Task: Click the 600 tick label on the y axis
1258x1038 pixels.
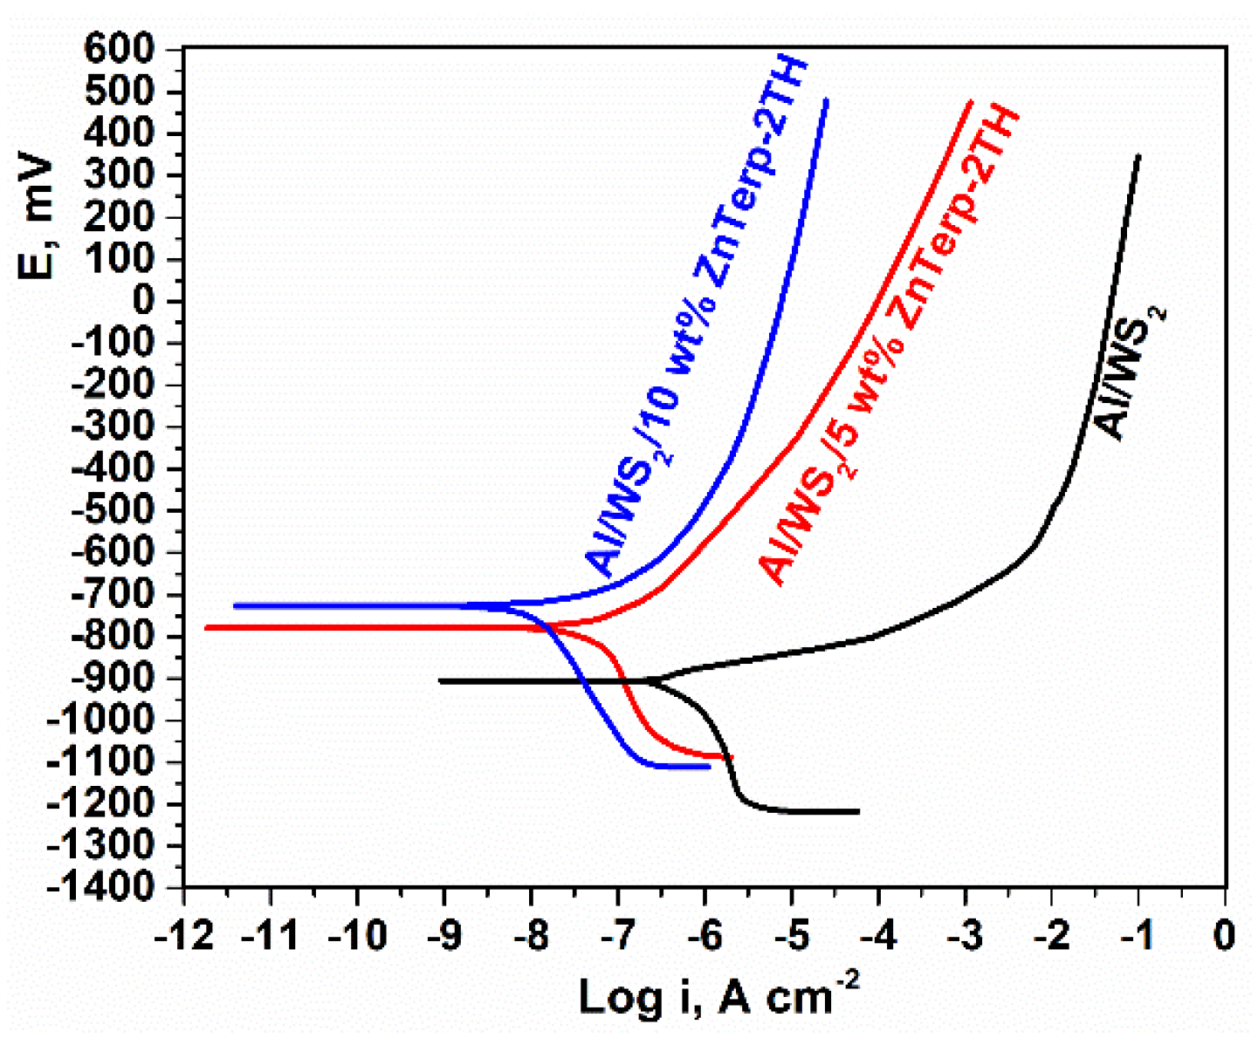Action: pos(121,50)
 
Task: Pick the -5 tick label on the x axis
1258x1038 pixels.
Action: pos(792,936)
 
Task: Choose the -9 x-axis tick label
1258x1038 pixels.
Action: pos(444,936)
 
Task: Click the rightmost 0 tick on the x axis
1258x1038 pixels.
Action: pos(1226,936)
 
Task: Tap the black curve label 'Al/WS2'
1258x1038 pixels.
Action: pos(1131,372)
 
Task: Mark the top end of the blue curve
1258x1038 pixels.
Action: pos(826,99)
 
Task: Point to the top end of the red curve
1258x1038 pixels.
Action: pos(971,101)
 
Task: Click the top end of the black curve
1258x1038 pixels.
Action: pos(1138,156)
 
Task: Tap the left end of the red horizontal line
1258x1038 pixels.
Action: pos(206,627)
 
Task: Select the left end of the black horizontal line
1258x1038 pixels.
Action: pos(440,680)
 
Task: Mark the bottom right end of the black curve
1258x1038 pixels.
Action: pos(858,811)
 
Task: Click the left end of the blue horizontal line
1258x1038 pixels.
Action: pos(235,605)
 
